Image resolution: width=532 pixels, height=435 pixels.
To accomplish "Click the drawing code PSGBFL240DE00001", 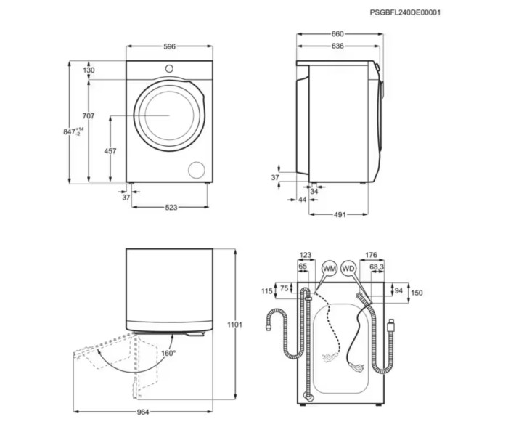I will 405,12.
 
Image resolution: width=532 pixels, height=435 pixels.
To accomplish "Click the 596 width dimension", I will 169,46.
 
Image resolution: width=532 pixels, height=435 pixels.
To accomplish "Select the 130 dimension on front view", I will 89,70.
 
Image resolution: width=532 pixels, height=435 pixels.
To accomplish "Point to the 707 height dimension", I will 89,116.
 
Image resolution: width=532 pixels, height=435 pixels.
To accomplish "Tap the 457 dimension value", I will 110,151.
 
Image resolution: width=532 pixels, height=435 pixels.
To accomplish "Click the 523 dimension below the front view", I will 171,208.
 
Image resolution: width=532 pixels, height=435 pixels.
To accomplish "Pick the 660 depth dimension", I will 337,34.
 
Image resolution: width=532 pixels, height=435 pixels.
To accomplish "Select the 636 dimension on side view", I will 337,46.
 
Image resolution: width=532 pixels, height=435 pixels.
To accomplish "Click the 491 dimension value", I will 340,214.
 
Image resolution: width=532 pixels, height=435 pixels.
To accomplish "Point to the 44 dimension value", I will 302,200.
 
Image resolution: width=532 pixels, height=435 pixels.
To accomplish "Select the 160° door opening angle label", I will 168,353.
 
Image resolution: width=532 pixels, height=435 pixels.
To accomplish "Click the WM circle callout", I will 330,269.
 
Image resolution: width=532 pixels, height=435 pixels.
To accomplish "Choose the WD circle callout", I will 348,269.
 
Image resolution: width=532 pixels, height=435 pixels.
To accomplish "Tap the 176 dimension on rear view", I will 371,255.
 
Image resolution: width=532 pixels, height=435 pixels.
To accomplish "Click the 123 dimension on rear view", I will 305,255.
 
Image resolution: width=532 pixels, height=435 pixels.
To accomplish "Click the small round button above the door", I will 169,68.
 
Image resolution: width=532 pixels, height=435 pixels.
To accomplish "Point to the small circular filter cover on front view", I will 196,170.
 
